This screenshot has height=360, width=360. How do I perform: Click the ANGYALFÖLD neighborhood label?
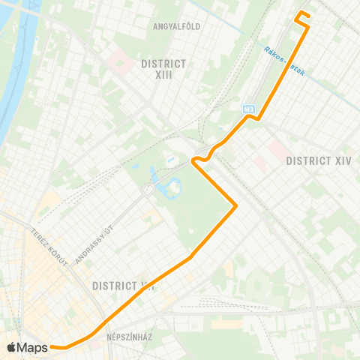coord(176,26)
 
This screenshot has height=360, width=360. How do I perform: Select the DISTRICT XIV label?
coord(318,160)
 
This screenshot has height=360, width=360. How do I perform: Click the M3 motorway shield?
coord(248,109)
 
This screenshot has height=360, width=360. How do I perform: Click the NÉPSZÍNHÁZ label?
coord(129,337)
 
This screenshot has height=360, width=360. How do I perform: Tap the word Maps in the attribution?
coord(33,347)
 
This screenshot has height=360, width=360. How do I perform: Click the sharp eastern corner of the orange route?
coord(236,205)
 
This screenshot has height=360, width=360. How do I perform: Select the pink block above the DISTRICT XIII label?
coord(119,60)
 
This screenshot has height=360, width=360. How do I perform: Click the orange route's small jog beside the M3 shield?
coord(255,117)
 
